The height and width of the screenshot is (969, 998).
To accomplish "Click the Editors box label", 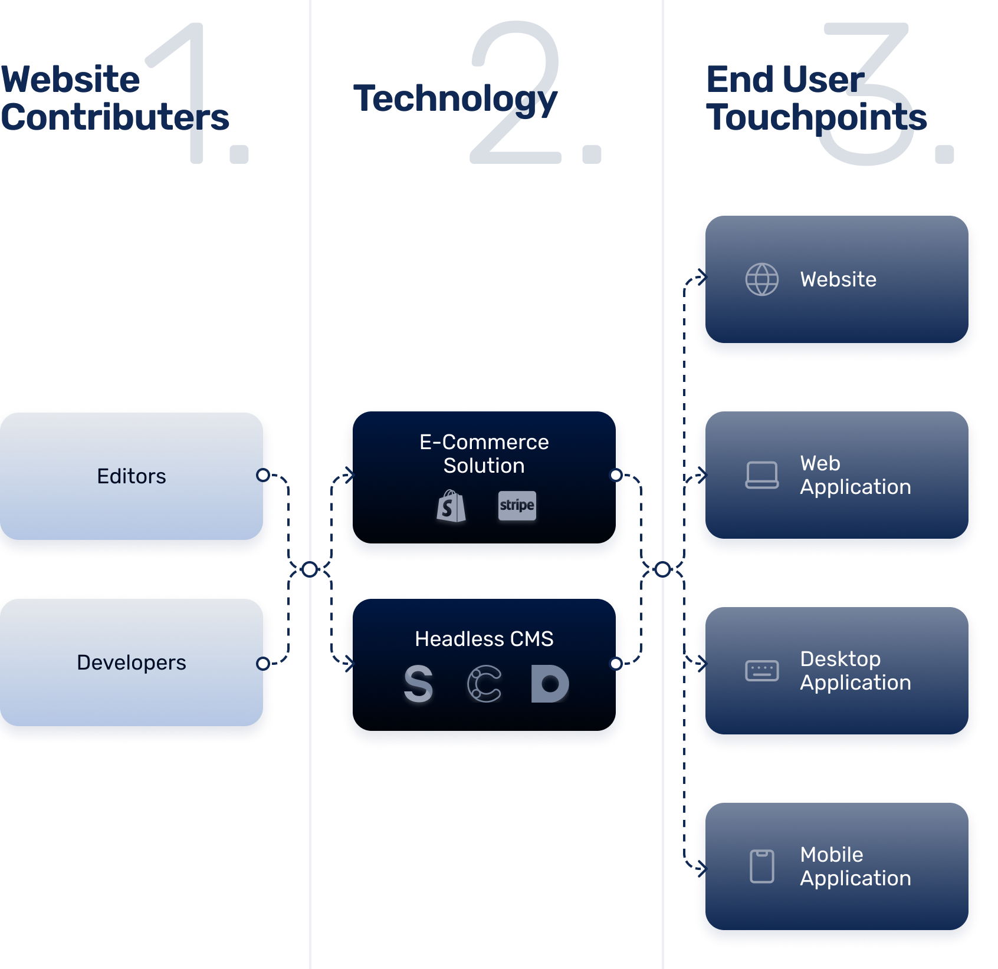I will tap(132, 476).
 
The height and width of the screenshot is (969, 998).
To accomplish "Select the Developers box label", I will tap(132, 663).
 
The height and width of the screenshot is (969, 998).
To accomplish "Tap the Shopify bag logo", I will tap(451, 506).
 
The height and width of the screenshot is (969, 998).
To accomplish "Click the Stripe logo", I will tap(517, 506).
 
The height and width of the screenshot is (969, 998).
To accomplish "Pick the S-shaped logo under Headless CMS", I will tap(419, 684).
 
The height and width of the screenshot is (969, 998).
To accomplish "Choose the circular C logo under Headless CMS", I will tap(484, 684).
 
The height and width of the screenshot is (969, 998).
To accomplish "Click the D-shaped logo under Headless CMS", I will tap(550, 684).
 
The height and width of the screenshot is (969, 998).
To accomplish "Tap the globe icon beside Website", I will tap(762, 279).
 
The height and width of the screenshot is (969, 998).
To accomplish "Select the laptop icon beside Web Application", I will tap(762, 475).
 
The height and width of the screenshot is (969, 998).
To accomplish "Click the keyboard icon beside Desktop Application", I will tap(762, 671).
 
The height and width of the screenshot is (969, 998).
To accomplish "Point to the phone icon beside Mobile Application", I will tap(762, 866).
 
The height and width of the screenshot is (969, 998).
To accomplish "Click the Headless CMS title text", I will tap(484, 639).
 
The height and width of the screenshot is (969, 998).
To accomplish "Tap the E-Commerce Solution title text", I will tap(484, 454).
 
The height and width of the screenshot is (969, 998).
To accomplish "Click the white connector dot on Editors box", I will tap(263, 475).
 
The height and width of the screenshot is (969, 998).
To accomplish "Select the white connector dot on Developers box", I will tap(263, 664).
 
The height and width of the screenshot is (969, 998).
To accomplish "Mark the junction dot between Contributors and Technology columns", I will tap(310, 569).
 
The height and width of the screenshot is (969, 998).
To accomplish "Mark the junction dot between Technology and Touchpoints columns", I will tap(663, 569).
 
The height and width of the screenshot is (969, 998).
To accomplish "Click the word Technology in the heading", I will tap(455, 98).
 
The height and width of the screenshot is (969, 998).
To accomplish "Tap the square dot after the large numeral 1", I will tap(239, 154).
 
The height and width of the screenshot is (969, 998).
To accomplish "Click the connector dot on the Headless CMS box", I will tap(616, 664).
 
